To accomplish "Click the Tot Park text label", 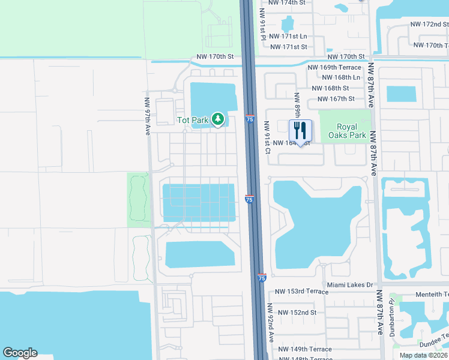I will click(192, 120).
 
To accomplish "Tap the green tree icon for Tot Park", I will click(217, 119).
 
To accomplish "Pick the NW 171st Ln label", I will click(289, 37).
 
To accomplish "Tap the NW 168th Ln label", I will click(341, 77).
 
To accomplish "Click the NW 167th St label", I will click(336, 99).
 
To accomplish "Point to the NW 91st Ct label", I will click(267, 137).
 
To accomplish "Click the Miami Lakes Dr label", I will click(350, 285).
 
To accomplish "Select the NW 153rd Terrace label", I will click(301, 292).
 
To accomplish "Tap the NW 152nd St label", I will click(295, 313).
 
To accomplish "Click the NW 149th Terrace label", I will click(304, 349).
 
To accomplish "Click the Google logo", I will click(20, 353).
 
